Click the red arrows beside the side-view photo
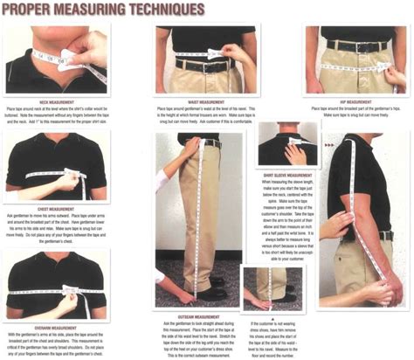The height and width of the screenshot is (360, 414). (x=328, y=143)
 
